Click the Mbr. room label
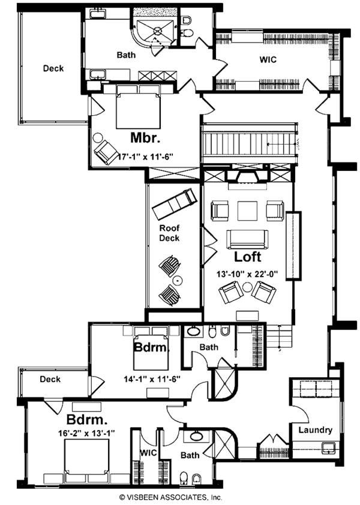tap(145, 138)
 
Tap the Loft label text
tap(248, 257)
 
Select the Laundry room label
tap(315, 430)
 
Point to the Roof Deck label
tap(170, 233)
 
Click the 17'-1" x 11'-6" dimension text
tap(146, 157)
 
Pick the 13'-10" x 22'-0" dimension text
tap(248, 274)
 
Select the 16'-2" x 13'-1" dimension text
tap(86, 433)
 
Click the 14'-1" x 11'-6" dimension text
tap(152, 379)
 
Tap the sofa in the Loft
tap(247, 239)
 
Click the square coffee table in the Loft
tap(248, 211)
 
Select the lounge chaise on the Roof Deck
tap(175, 204)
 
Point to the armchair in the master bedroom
tap(106, 152)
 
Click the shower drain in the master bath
tap(157, 30)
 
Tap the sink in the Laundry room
tap(329, 448)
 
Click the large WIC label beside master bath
tap(268, 59)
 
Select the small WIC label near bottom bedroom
tap(148, 452)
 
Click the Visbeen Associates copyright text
tap(170, 497)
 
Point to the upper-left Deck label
tap(53, 68)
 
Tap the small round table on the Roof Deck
tap(177, 280)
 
